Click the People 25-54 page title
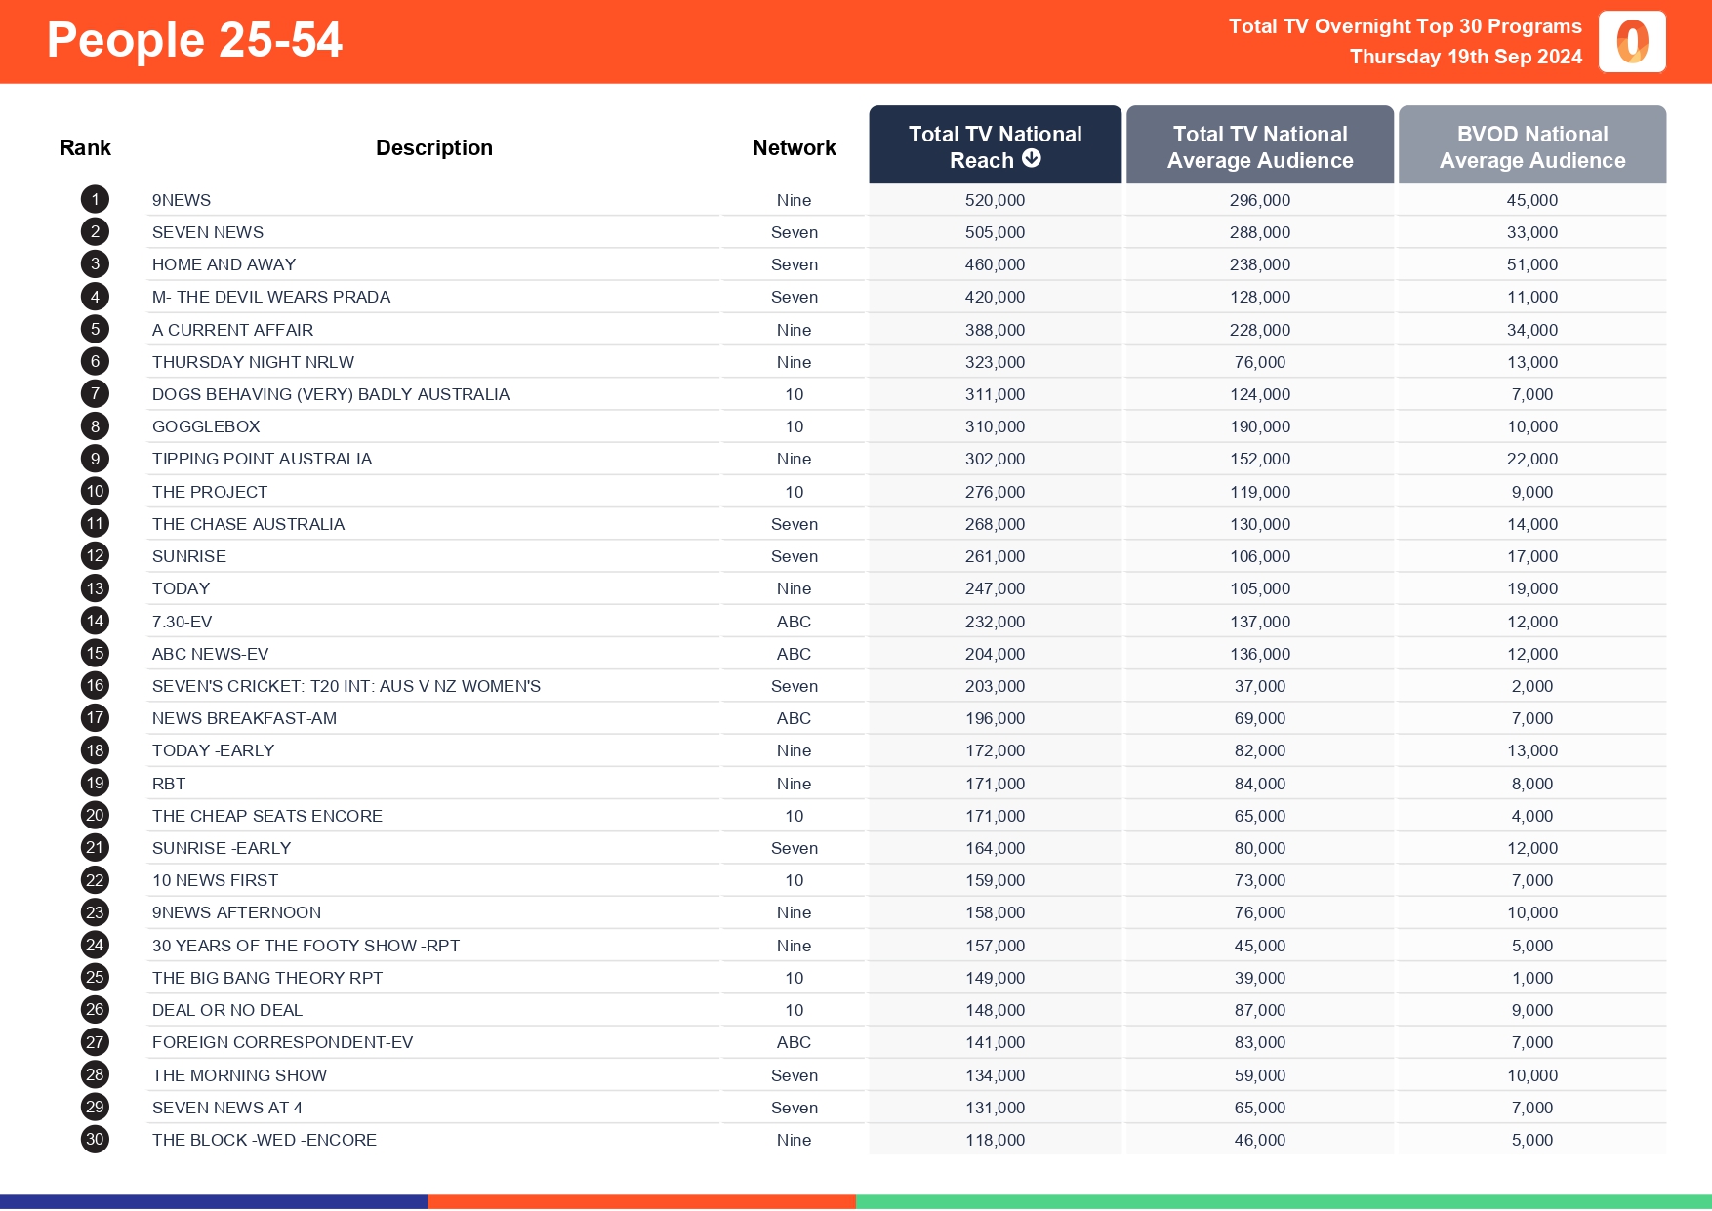coord(194,41)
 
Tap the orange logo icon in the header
coord(1632,42)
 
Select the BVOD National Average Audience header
coord(1531,146)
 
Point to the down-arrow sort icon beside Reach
coord(1032,159)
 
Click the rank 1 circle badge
coord(95,200)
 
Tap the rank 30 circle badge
coord(95,1140)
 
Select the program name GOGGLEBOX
coord(206,426)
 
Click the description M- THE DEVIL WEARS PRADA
coord(271,297)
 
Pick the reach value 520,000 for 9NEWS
coord(995,200)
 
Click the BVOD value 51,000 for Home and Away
coord(1531,264)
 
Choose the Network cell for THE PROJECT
coord(795,492)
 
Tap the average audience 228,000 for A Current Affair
coord(1259,330)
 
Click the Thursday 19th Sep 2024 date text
coord(1465,57)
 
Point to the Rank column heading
coord(85,147)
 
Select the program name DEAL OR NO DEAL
coord(227,1010)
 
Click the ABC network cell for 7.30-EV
coord(794,622)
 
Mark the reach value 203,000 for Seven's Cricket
coord(995,686)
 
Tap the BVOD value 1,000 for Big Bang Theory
coord(1531,978)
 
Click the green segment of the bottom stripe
coord(1283,1202)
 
